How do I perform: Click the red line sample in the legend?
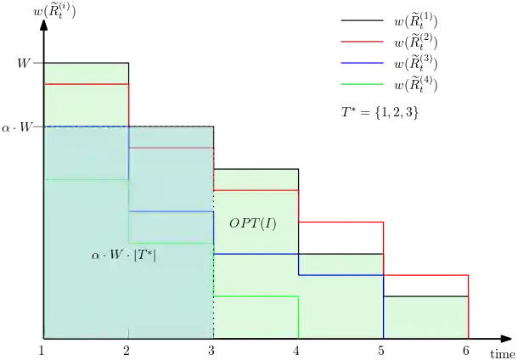363,43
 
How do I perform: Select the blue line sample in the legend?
363,64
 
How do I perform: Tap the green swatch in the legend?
363,85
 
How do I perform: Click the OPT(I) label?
252,224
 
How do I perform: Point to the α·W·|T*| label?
124,254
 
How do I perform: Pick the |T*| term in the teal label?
145,254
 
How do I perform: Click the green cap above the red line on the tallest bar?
86,72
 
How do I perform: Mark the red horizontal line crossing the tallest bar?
86,84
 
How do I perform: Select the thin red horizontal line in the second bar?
171,148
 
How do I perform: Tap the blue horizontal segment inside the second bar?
171,211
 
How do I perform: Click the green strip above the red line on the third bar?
256,179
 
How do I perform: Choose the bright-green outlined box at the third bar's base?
256,316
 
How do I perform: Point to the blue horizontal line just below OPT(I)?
256,253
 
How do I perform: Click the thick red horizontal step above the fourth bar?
341,222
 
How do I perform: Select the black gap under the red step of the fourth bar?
341,239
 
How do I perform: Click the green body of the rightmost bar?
426,316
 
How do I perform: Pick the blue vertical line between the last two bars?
384,306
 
